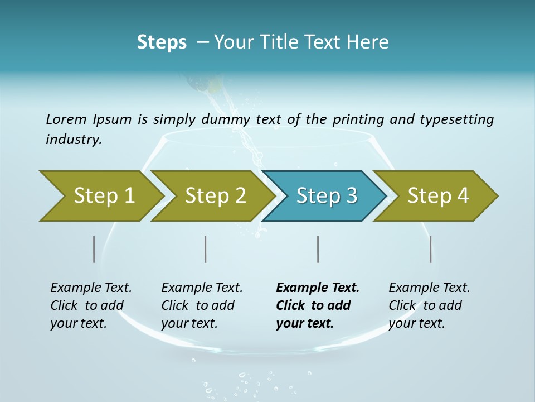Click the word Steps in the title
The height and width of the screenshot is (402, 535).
(162, 42)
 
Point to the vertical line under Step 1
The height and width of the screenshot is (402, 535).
(94, 249)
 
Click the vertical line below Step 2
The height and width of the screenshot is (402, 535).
(206, 249)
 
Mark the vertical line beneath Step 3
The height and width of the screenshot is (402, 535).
(318, 249)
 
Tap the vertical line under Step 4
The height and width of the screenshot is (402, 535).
(431, 249)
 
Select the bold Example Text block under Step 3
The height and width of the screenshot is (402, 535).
(318, 305)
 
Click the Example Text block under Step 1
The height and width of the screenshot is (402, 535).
(91, 305)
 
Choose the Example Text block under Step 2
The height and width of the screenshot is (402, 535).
(202, 305)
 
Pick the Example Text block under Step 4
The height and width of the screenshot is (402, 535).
(429, 305)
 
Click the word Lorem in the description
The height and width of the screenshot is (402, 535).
(66, 119)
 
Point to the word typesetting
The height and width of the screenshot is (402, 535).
(456, 119)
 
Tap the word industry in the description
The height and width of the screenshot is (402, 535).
(74, 139)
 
